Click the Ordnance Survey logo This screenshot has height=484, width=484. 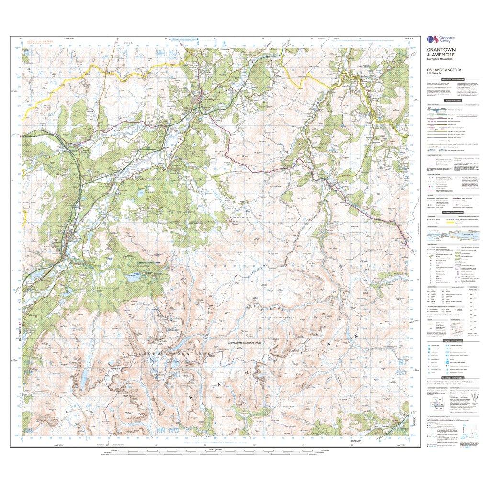point(436,40)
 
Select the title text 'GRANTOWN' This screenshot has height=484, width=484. point(439,50)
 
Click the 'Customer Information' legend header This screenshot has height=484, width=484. point(453,79)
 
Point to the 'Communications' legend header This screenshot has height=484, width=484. point(453,101)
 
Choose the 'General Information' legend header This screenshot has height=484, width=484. point(453,212)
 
